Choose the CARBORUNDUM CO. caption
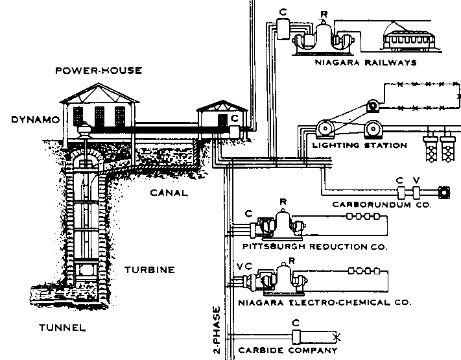(x=381, y=204)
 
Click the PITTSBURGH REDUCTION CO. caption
(x=314, y=247)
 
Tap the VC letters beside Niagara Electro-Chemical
(x=242, y=267)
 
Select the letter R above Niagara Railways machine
(x=325, y=14)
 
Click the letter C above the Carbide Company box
(x=295, y=322)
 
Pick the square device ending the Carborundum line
(x=444, y=192)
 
